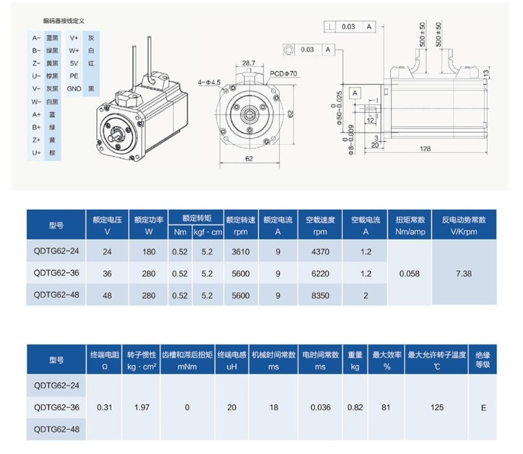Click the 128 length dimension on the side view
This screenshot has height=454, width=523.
425,149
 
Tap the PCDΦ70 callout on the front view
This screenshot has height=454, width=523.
283,74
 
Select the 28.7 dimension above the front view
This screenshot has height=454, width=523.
248,63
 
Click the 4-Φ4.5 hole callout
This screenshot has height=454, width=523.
209,82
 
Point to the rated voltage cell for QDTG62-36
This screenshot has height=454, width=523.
107,274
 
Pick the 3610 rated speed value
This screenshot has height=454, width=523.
241,251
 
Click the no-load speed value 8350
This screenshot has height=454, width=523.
320,295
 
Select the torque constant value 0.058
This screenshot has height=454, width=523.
409,274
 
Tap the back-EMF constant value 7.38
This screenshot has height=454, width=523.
464,274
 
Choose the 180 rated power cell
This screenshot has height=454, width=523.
149,251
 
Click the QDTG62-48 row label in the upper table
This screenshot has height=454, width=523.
56,295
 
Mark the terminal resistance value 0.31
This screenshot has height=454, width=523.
105,408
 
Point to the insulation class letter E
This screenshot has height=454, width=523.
483,408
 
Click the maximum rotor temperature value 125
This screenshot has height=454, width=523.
437,408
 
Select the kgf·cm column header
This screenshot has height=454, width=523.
208,233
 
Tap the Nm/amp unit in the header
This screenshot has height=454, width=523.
411,232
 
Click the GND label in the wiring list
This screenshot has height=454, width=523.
74,89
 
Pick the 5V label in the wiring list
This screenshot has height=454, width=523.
74,63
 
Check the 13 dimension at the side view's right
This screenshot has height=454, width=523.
486,73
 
